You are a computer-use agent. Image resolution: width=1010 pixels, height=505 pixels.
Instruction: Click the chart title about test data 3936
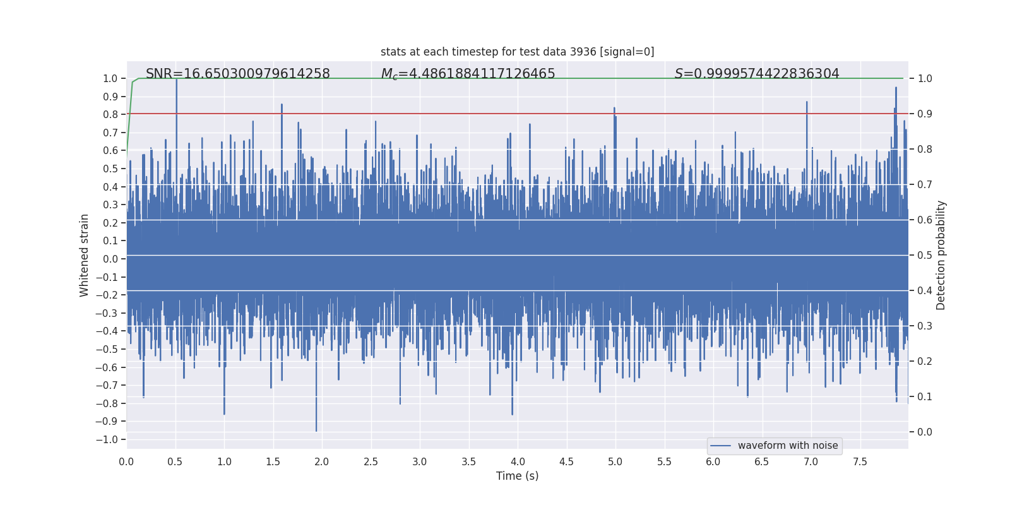tap(517, 52)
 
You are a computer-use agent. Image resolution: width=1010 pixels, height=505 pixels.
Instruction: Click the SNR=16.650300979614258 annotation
tap(237, 74)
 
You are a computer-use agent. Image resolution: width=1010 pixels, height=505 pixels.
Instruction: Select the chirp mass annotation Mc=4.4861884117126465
tap(468, 74)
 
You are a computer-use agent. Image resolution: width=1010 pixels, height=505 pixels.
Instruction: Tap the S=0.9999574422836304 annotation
tap(757, 74)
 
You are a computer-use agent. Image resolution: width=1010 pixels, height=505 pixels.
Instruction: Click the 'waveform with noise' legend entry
tap(787, 446)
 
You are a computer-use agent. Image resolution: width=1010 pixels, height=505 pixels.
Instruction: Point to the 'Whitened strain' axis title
tap(85, 255)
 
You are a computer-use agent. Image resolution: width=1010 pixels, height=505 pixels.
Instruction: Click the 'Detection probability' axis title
tap(941, 255)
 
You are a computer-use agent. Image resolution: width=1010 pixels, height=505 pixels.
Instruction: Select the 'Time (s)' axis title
tap(517, 476)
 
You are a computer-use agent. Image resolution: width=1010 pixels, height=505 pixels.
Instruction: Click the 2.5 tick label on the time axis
tap(371, 462)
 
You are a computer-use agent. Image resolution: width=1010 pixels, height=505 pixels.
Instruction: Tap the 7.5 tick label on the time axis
tap(860, 462)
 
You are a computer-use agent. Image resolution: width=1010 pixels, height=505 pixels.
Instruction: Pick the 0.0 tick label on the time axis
tap(126, 462)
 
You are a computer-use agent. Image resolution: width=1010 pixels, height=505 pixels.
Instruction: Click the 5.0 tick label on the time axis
tap(615, 462)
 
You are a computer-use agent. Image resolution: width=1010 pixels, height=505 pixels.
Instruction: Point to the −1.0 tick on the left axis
tap(110, 439)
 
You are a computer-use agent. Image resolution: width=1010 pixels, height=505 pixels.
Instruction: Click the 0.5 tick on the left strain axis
tap(110, 169)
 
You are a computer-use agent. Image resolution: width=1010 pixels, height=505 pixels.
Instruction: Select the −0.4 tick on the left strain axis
tap(110, 331)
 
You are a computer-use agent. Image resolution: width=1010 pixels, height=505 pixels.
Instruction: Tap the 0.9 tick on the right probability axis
tap(925, 114)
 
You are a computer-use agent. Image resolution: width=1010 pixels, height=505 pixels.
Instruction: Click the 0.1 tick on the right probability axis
tap(925, 397)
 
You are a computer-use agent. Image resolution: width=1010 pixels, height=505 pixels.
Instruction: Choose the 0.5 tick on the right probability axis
tap(925, 256)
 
